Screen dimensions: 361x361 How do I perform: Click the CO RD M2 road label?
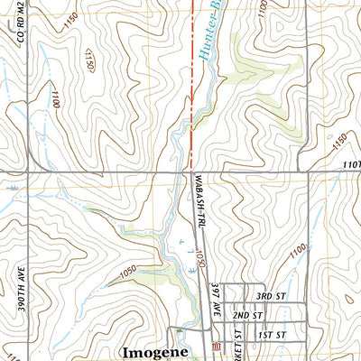pyautogui.click(x=17, y=49)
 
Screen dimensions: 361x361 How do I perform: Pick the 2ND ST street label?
pyautogui.click(x=246, y=316)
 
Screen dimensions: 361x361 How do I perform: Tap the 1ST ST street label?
pyautogui.click(x=270, y=335)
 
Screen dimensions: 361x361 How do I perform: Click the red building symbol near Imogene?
pyautogui.click(x=215, y=348)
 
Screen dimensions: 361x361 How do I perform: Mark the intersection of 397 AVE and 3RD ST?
pyautogui.click(x=224, y=296)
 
